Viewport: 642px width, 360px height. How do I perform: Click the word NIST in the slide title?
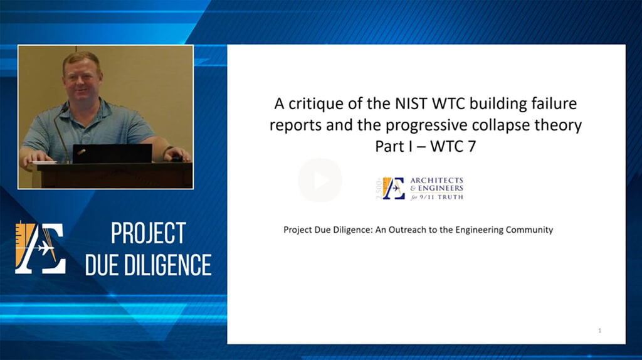[x=411, y=103]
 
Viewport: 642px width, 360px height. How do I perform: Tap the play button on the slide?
[x=320, y=180]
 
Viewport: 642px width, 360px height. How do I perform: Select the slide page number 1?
[x=600, y=331]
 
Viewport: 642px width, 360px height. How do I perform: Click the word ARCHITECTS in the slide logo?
[x=436, y=180]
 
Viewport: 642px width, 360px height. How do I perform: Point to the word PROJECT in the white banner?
[x=148, y=233]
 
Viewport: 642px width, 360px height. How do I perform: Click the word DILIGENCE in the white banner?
[x=168, y=265]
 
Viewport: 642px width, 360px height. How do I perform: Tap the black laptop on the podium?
[x=112, y=154]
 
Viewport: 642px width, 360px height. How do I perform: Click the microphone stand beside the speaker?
[x=61, y=134]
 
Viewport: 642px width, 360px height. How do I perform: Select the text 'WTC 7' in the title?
[x=453, y=146]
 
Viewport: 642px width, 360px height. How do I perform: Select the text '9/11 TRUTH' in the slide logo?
[x=445, y=197]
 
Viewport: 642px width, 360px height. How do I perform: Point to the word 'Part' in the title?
[x=389, y=146]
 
